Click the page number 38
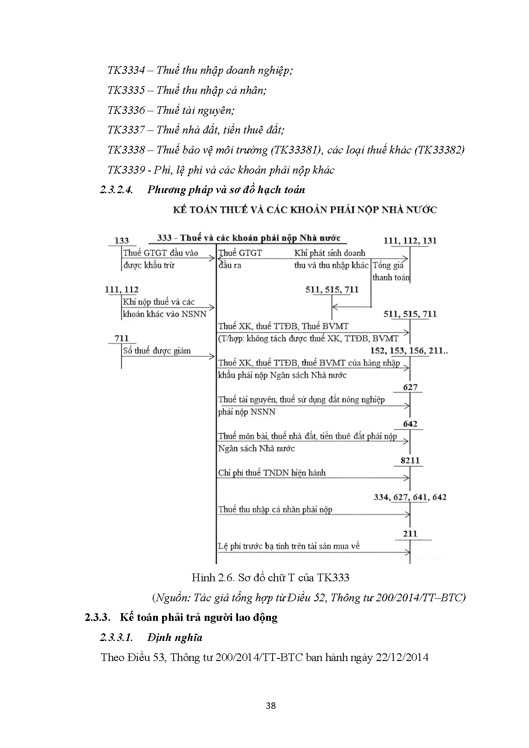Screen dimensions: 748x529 270,705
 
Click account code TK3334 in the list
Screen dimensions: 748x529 126,70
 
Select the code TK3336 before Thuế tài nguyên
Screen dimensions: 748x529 126,110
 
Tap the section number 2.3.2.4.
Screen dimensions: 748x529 116,190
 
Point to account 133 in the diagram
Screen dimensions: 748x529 122,241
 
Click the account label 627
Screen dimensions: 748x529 410,387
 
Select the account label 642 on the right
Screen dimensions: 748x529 410,424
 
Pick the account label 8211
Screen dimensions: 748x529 410,461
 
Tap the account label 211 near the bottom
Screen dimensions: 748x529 410,533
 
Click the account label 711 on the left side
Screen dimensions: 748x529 122,338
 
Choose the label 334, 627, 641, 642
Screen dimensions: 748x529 410,497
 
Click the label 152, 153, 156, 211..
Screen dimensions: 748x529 409,351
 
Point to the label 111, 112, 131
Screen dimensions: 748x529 410,241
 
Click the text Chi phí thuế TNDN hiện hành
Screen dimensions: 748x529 272,473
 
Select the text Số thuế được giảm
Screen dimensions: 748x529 157,351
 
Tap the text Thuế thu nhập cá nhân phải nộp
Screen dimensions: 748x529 275,509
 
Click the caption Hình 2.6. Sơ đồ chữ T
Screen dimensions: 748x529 270,577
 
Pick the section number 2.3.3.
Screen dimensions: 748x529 98,617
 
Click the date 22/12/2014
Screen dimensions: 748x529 401,657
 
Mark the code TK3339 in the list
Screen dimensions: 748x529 126,170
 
